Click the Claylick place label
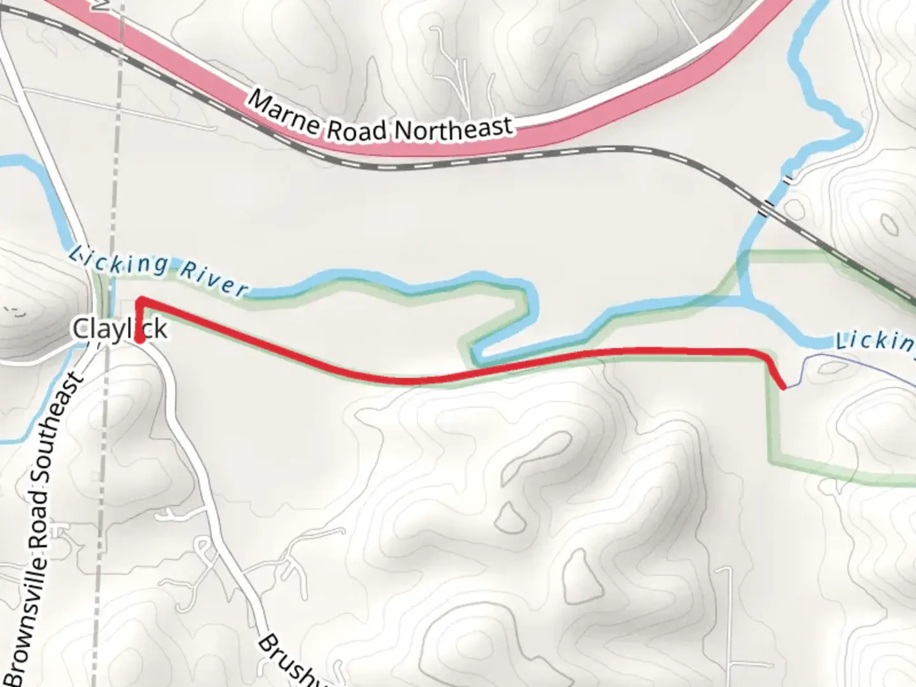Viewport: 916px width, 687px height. click(120, 329)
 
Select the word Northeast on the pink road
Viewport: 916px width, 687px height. click(453, 128)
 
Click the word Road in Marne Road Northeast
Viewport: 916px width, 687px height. click(357, 128)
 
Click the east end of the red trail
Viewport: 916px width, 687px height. click(784, 385)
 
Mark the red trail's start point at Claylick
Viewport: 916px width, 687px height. click(139, 342)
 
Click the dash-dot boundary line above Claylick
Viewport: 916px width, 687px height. click(114, 191)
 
